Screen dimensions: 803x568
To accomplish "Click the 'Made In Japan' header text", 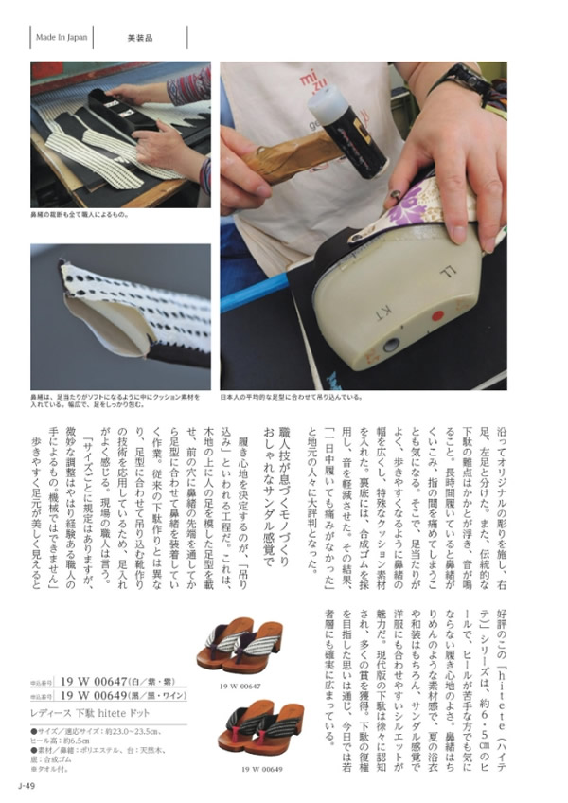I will click(62, 38).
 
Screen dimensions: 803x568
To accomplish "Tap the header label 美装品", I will click(141, 38).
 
